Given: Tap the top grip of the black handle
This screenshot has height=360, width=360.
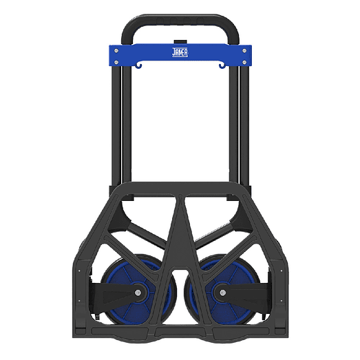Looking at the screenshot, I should [x=180, y=21].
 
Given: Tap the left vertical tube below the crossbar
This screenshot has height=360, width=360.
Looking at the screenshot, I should [x=127, y=124].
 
